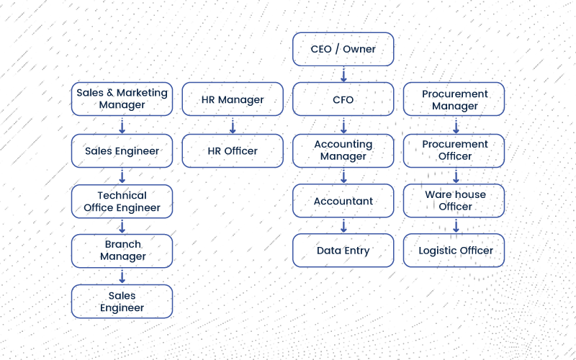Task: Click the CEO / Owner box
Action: click(x=343, y=50)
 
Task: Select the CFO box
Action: click(x=343, y=99)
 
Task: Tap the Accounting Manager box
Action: click(x=343, y=150)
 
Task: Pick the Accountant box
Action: click(x=343, y=201)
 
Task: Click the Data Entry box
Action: click(x=343, y=251)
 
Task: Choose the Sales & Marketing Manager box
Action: click(x=122, y=99)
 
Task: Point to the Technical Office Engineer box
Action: click(x=122, y=202)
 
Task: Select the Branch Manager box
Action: click(x=122, y=251)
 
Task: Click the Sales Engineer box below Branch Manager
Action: click(x=122, y=302)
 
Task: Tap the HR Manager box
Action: click(x=233, y=99)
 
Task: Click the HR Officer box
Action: click(x=233, y=150)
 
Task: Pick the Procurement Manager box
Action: click(x=454, y=99)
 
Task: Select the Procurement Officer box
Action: click(x=454, y=150)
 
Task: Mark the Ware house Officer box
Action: click(x=454, y=201)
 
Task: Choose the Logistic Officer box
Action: click(x=454, y=251)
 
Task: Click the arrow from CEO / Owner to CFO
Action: click(x=343, y=74)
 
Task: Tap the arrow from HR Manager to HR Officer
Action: click(x=233, y=125)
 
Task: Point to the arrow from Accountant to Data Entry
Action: click(x=343, y=226)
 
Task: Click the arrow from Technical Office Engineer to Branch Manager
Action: click(x=122, y=226)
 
